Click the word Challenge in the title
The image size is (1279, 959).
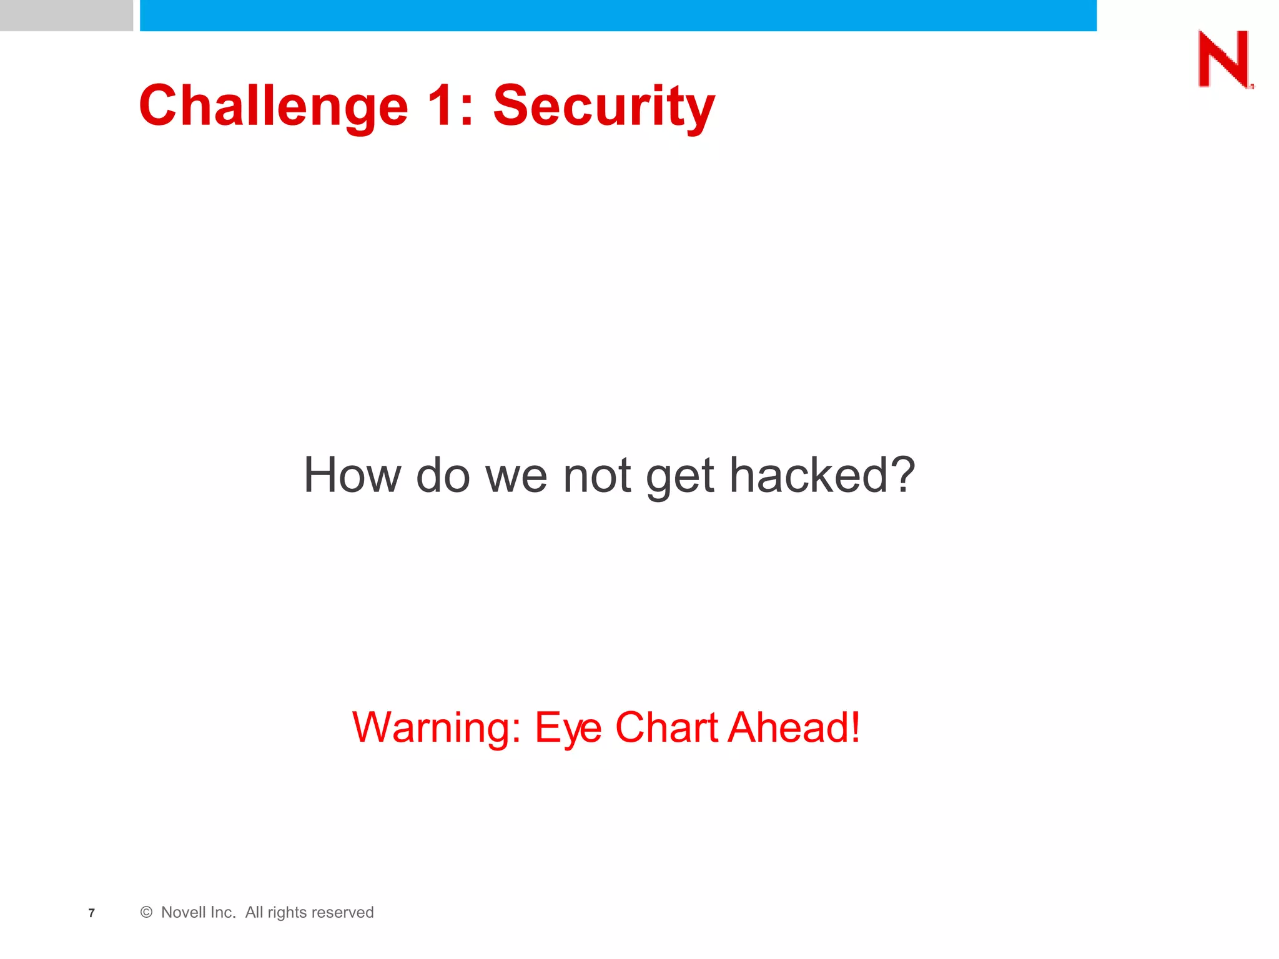[274, 106]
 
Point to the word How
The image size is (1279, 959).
[352, 476]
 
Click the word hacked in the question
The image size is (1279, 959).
[808, 476]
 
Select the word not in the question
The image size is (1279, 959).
[596, 476]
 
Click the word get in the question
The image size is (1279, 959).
[679, 478]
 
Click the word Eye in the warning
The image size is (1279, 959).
[568, 729]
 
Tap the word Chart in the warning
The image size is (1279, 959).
[666, 728]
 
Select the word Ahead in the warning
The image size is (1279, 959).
[788, 728]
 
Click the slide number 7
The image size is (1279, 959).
[92, 913]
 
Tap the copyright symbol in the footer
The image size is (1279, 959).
[146, 913]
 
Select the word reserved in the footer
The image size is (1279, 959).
[342, 913]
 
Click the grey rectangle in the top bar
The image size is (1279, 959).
[66, 15]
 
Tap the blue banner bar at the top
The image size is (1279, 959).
[618, 15]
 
